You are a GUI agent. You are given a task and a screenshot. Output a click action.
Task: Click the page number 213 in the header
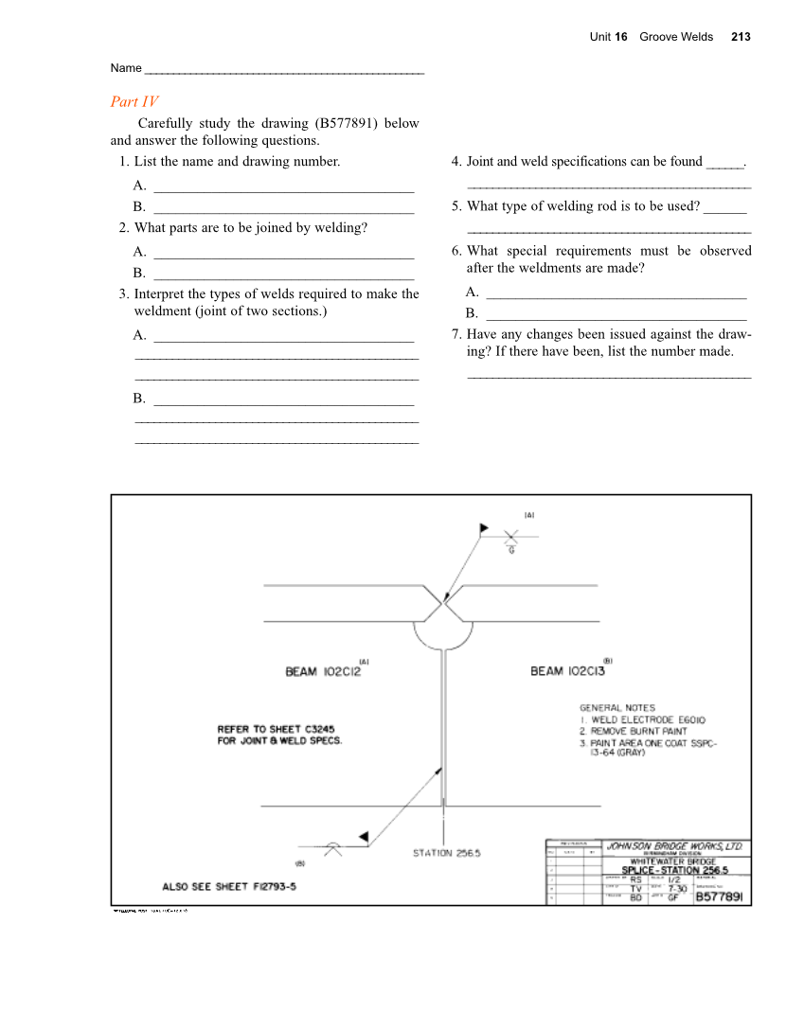click(741, 37)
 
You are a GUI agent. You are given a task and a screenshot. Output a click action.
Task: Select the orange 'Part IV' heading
click(134, 102)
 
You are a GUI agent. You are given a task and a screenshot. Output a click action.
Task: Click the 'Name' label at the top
click(125, 68)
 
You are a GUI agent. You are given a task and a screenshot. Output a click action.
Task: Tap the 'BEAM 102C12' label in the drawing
click(323, 671)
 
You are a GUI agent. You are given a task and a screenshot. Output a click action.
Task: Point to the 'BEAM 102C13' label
click(567, 671)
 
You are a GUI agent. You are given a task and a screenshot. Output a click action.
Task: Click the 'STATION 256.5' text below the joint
click(446, 853)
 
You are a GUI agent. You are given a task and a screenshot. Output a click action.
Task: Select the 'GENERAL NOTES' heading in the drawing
click(616, 707)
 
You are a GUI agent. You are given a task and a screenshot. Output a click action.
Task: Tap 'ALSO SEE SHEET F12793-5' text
click(230, 887)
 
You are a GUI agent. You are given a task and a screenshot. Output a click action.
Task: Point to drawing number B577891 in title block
click(723, 896)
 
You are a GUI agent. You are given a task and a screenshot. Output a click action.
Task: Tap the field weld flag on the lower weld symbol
click(363, 835)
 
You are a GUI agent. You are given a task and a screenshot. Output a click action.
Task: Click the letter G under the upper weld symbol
click(511, 550)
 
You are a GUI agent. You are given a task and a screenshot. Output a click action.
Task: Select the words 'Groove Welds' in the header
click(676, 37)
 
